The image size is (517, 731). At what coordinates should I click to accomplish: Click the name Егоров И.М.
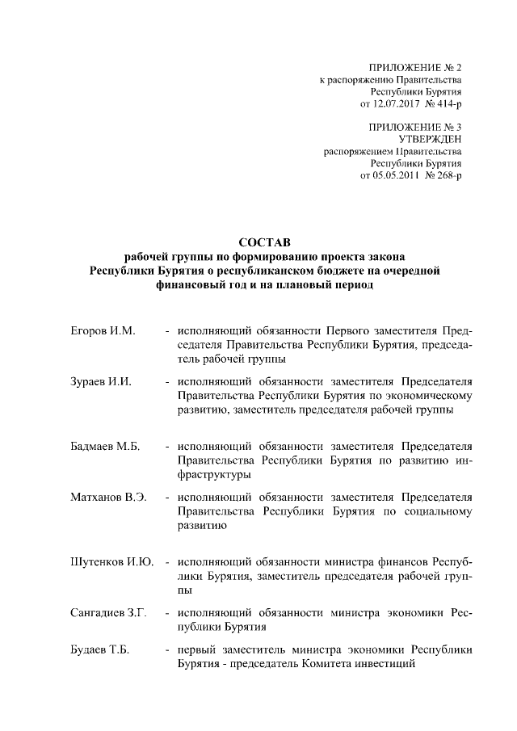coord(101,332)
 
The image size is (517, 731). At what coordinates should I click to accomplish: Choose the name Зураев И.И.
coord(100,380)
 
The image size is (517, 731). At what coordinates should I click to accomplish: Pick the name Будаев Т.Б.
coord(100,650)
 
